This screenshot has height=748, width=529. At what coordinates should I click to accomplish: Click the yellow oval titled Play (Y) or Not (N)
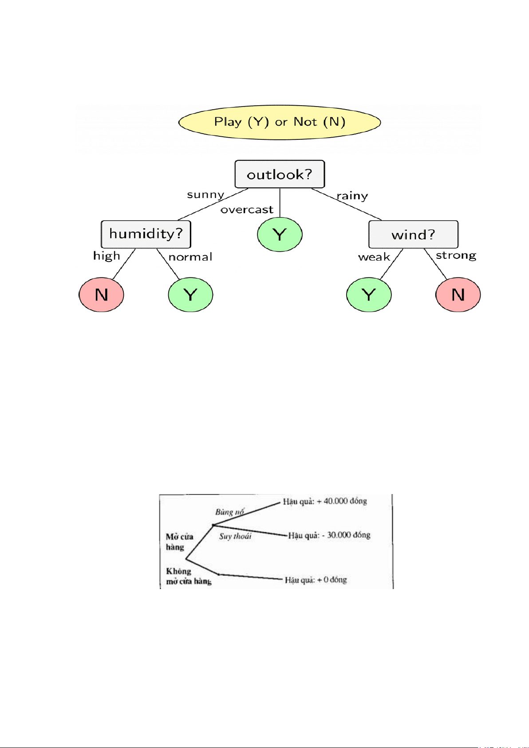click(x=280, y=122)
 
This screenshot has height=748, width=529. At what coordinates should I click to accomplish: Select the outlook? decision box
click(x=280, y=174)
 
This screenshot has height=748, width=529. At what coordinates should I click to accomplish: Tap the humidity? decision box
click(x=146, y=234)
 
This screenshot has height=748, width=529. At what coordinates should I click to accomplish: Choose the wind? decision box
click(x=413, y=234)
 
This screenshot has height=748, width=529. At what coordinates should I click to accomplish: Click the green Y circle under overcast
click(x=280, y=234)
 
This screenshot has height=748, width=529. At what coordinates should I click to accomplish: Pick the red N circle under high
click(x=101, y=295)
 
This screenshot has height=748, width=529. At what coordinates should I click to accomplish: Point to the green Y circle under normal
click(x=190, y=295)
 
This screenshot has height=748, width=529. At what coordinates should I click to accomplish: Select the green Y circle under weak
click(x=369, y=295)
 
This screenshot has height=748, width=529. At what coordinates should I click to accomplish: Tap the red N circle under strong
click(x=458, y=295)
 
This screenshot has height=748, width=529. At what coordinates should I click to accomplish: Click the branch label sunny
click(x=205, y=195)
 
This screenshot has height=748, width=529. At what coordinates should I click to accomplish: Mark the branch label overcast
click(x=247, y=210)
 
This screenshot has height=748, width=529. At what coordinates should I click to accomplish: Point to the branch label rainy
click(x=352, y=196)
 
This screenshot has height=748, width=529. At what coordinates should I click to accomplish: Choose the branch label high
click(x=107, y=256)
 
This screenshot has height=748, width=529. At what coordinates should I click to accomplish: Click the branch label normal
click(x=190, y=257)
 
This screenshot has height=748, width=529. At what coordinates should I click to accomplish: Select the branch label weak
click(x=374, y=257)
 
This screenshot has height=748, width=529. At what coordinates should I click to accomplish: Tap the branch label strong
click(x=456, y=256)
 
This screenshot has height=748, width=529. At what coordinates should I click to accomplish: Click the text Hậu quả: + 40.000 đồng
click(x=325, y=501)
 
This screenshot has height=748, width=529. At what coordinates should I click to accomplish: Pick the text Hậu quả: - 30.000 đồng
click(x=329, y=535)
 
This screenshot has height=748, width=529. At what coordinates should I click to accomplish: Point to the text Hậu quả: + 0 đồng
click(x=316, y=580)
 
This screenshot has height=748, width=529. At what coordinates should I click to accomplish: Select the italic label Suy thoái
click(x=235, y=536)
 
